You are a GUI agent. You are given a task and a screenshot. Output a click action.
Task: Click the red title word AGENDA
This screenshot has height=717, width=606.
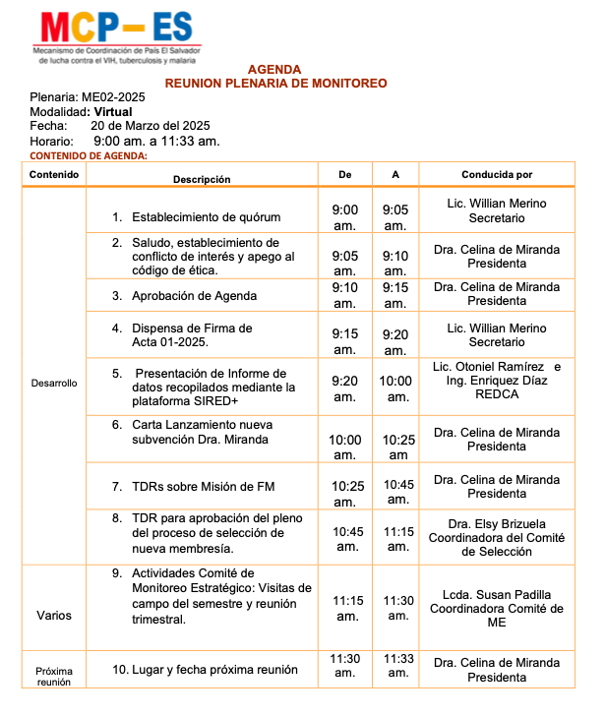(274, 70)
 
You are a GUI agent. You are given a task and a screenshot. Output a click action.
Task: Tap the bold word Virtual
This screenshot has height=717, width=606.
(113, 112)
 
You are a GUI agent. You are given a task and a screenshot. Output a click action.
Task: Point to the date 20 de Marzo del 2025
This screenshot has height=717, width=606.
(150, 126)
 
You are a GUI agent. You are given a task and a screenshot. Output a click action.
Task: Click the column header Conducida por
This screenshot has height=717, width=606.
(496, 174)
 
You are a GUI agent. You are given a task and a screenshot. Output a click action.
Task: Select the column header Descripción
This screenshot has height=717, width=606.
(202, 179)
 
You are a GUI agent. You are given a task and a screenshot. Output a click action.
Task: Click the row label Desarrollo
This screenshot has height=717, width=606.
(53, 382)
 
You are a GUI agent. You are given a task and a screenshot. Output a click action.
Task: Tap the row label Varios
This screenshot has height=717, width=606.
(53, 616)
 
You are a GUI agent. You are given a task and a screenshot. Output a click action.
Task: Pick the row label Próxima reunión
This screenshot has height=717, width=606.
(53, 677)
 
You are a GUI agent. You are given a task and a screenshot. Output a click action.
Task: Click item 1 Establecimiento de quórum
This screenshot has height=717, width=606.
(206, 216)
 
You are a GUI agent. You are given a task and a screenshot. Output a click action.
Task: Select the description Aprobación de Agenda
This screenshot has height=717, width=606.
(194, 295)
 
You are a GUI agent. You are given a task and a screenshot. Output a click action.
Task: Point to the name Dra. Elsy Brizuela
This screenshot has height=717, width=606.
(496, 523)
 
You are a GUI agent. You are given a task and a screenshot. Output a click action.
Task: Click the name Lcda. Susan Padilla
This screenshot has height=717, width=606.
(496, 594)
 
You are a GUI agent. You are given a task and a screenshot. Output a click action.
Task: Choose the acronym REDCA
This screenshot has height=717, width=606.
(496, 394)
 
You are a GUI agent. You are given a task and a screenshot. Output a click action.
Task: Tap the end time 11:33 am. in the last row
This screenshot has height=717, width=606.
(397, 666)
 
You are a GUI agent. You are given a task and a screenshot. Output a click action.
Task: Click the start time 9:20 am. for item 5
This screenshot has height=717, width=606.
(344, 388)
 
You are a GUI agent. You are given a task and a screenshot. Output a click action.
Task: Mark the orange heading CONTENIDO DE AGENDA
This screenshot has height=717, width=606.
(90, 155)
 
